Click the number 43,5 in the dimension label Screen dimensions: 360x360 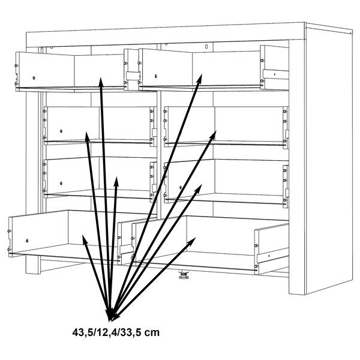(x=82, y=332)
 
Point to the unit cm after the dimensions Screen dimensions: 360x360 (x=152, y=333)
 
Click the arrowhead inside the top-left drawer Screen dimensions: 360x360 (x=101, y=82)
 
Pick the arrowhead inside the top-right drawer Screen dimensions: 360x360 (x=200, y=78)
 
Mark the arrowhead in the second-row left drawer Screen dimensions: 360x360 (x=87, y=136)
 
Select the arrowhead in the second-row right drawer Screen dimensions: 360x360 (x=214, y=135)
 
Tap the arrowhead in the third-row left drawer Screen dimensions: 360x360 (x=116, y=181)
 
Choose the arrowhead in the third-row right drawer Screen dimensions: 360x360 (x=199, y=188)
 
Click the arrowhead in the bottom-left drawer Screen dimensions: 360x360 (x=85, y=239)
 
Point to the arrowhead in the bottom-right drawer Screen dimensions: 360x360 (x=192, y=241)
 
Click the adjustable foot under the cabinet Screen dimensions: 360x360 (x=184, y=275)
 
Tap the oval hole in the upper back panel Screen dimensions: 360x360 (x=206, y=47)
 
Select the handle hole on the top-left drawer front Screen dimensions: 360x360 (x=34, y=78)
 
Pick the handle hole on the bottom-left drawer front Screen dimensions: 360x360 (x=27, y=241)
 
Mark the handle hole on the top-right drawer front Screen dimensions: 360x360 (x=156, y=76)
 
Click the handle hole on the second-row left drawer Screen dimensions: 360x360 (x=61, y=131)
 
